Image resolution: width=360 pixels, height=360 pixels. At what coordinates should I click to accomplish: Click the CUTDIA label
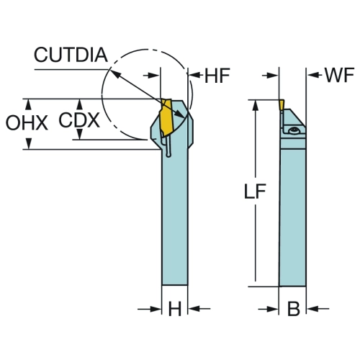[71, 55]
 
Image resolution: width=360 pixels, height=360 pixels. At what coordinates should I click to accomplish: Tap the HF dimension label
[217, 76]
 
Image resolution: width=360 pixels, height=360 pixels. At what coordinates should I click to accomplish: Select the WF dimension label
[340, 75]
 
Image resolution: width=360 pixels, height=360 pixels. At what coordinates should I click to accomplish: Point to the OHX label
[27, 123]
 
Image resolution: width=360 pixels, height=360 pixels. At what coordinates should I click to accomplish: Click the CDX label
[79, 120]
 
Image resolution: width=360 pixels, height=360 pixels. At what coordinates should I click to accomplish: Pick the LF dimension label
[255, 192]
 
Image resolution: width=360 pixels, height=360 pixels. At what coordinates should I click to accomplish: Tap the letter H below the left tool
[175, 309]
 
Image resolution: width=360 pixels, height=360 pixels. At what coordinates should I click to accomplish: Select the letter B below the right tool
[294, 309]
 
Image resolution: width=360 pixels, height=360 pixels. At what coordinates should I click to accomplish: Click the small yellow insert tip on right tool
[282, 105]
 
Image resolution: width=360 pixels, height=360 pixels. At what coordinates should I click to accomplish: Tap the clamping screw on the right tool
[294, 131]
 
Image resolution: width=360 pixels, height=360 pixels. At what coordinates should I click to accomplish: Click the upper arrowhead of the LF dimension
[256, 106]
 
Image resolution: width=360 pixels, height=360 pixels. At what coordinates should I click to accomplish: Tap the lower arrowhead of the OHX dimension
[29, 143]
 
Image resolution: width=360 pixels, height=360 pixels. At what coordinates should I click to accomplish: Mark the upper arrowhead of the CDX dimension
[80, 104]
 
